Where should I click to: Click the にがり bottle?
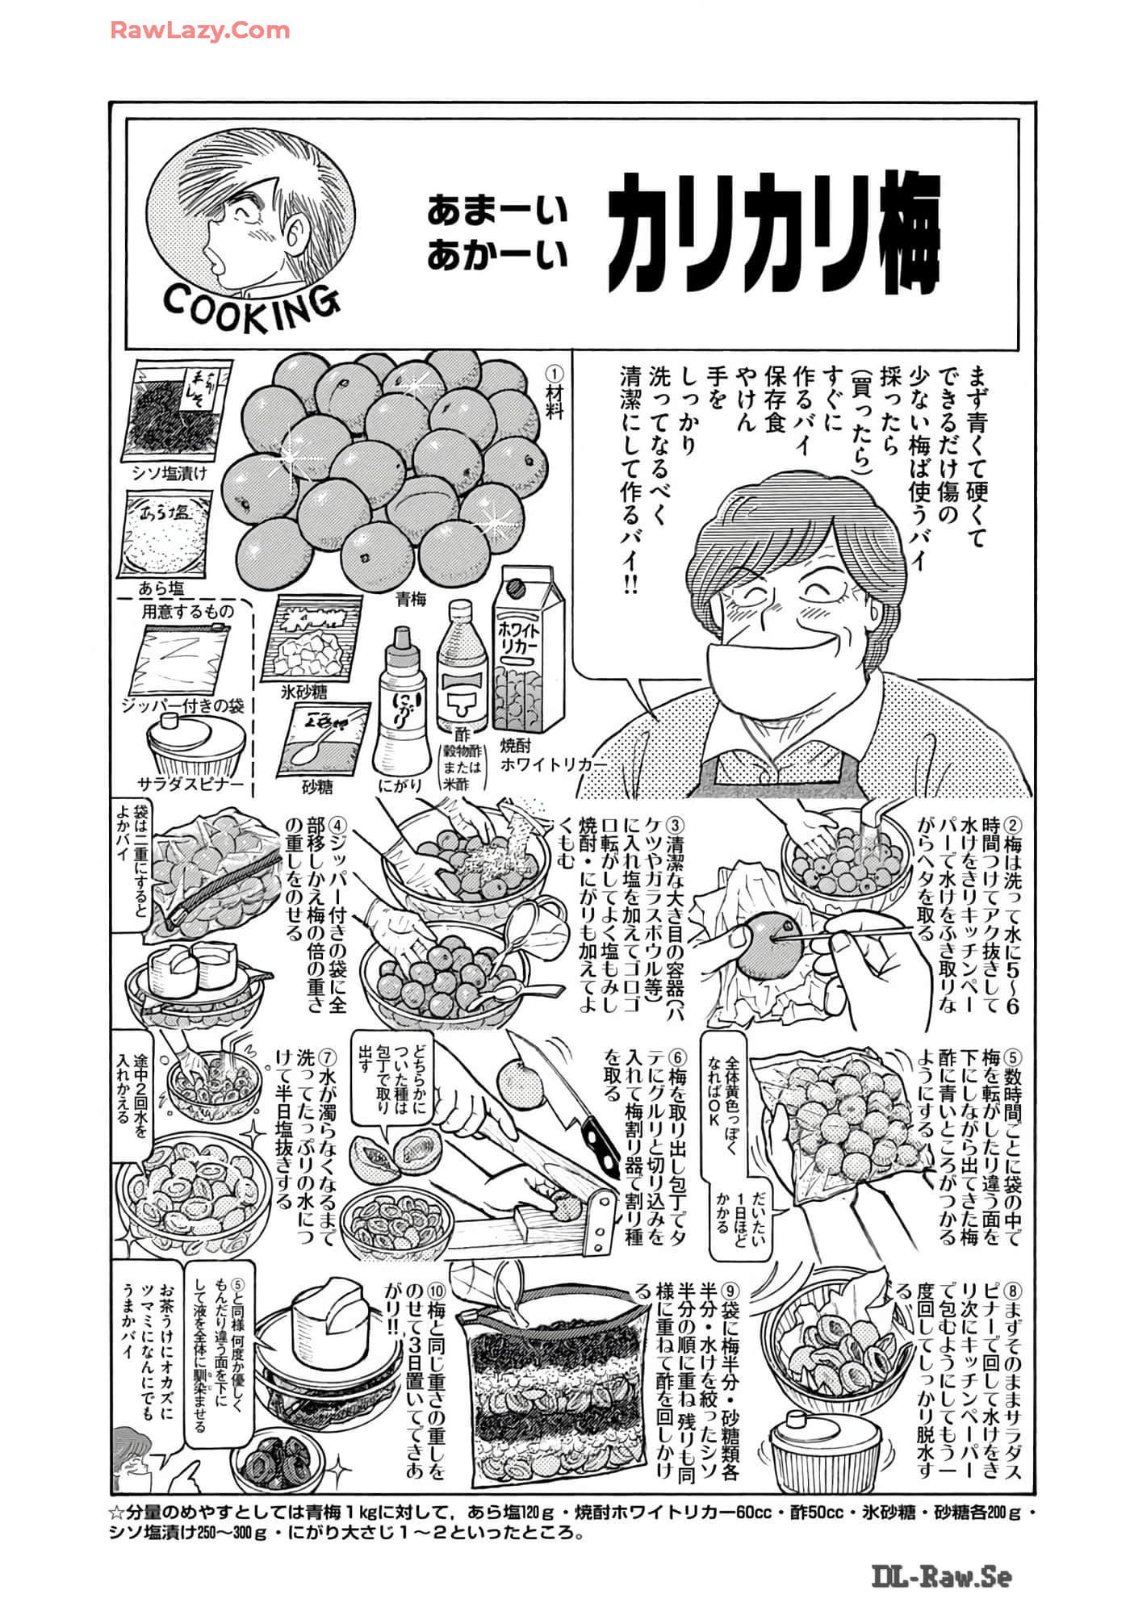coord(401,702)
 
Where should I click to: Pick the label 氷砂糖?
coord(303,693)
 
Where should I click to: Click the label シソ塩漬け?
coord(169,473)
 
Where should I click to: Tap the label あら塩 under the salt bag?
coord(161,588)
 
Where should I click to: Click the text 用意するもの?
coord(187,611)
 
